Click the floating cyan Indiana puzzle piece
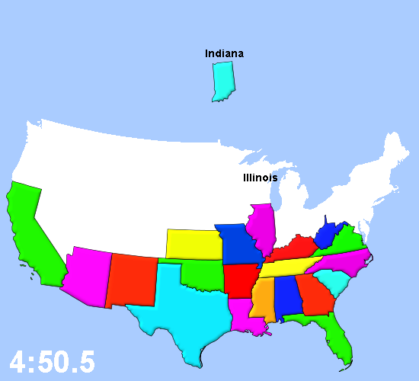tap(222, 81)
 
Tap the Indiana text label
tap(224, 53)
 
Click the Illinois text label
tap(260, 178)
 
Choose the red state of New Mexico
tap(132, 279)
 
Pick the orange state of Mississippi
tap(263, 299)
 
